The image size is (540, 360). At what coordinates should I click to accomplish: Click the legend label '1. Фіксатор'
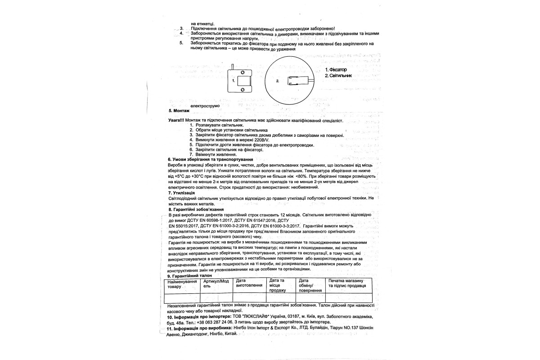click(x=336, y=70)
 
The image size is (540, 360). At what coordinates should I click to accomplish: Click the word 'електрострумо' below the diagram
click(x=205, y=105)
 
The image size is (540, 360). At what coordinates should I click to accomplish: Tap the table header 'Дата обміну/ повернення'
click(x=310, y=285)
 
